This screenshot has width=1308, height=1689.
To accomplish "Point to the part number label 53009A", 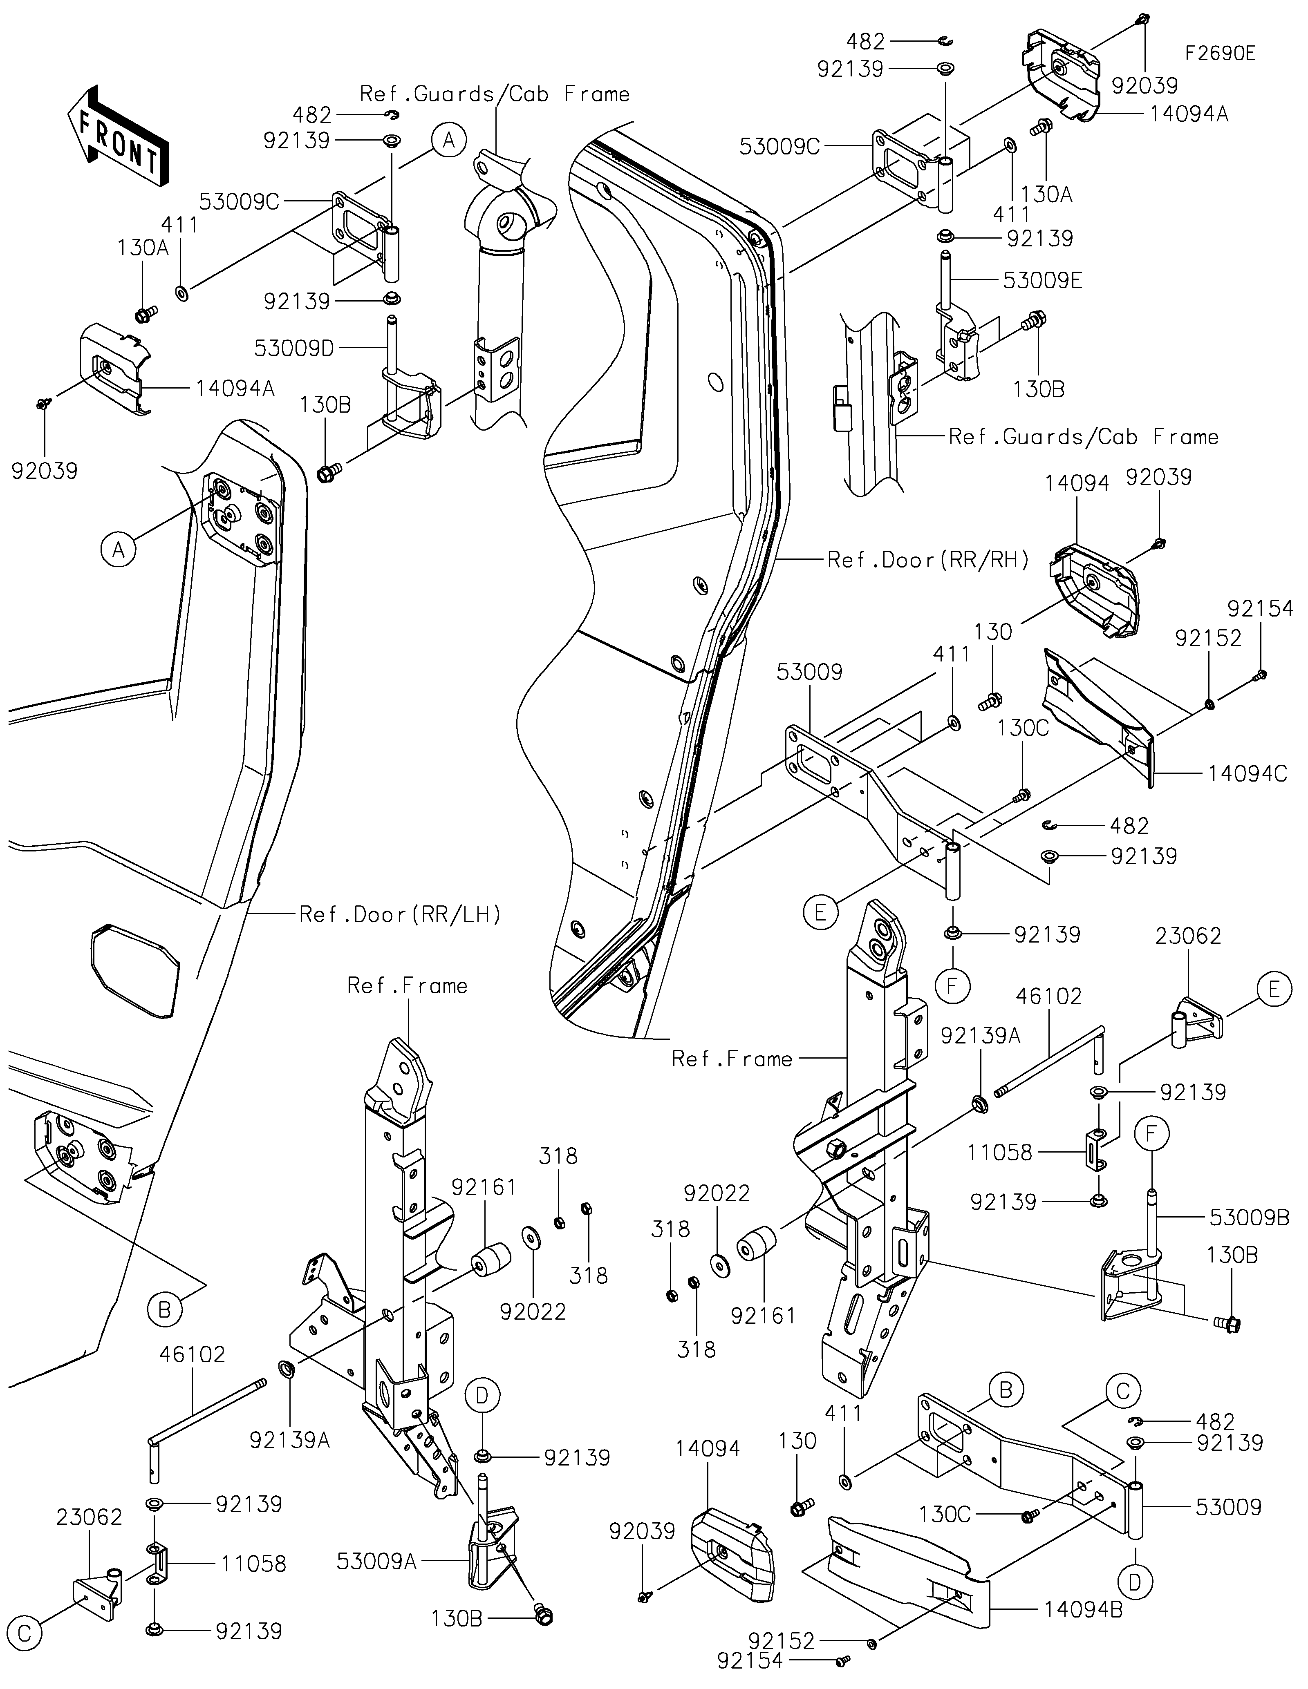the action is (x=377, y=1562).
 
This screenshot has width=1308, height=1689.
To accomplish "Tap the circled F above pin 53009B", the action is (x=1152, y=1134).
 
